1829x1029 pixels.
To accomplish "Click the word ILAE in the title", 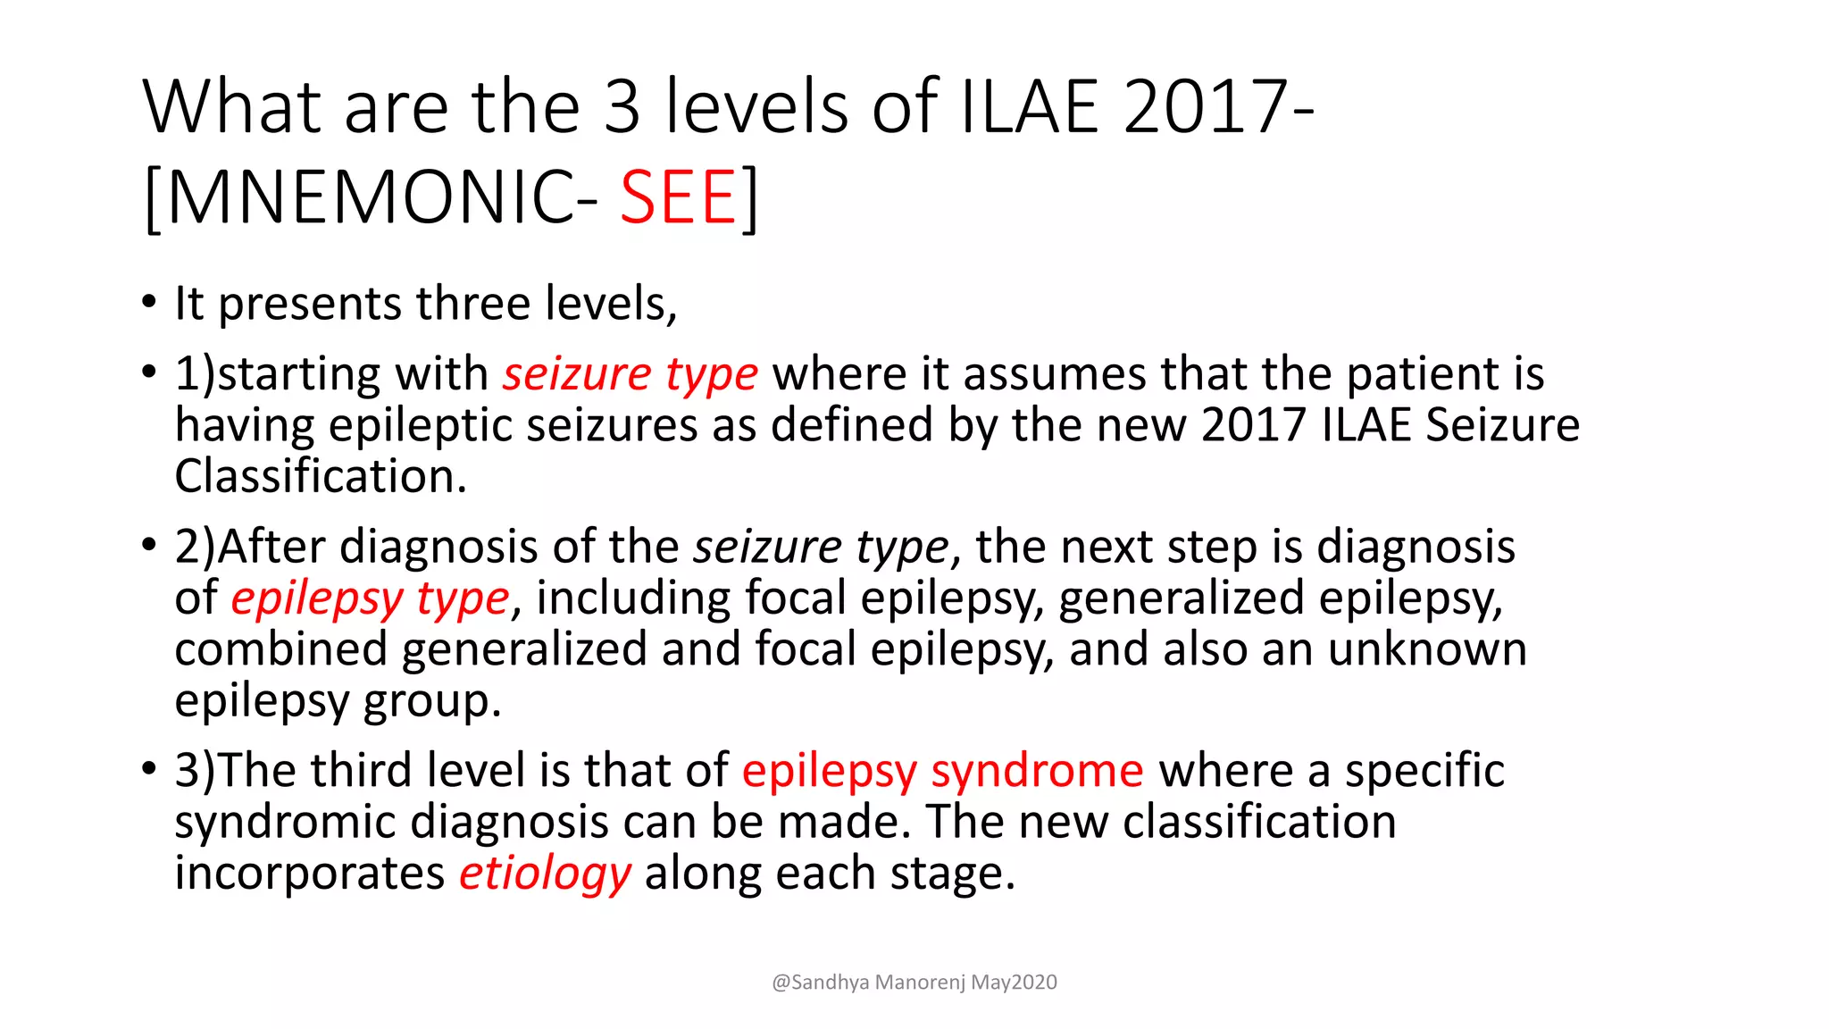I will (1028, 106).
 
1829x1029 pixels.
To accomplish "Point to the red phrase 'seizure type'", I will (630, 373).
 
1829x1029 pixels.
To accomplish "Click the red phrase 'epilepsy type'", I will (370, 598).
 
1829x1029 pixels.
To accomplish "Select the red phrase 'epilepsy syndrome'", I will (942, 770).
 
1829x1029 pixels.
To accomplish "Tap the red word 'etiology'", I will (545, 873).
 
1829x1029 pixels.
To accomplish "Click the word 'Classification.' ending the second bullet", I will (321, 476).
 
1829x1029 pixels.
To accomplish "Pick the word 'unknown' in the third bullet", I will (1426, 648).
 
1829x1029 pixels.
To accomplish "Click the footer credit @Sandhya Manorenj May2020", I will (914, 983).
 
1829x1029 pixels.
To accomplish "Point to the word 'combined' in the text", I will (280, 648).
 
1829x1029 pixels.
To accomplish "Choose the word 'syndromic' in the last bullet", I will (284, 822).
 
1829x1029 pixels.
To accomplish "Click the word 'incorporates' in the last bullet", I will (309, 873).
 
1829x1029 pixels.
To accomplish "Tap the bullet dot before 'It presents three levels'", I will (148, 301).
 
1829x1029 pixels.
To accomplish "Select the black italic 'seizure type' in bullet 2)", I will (821, 547).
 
